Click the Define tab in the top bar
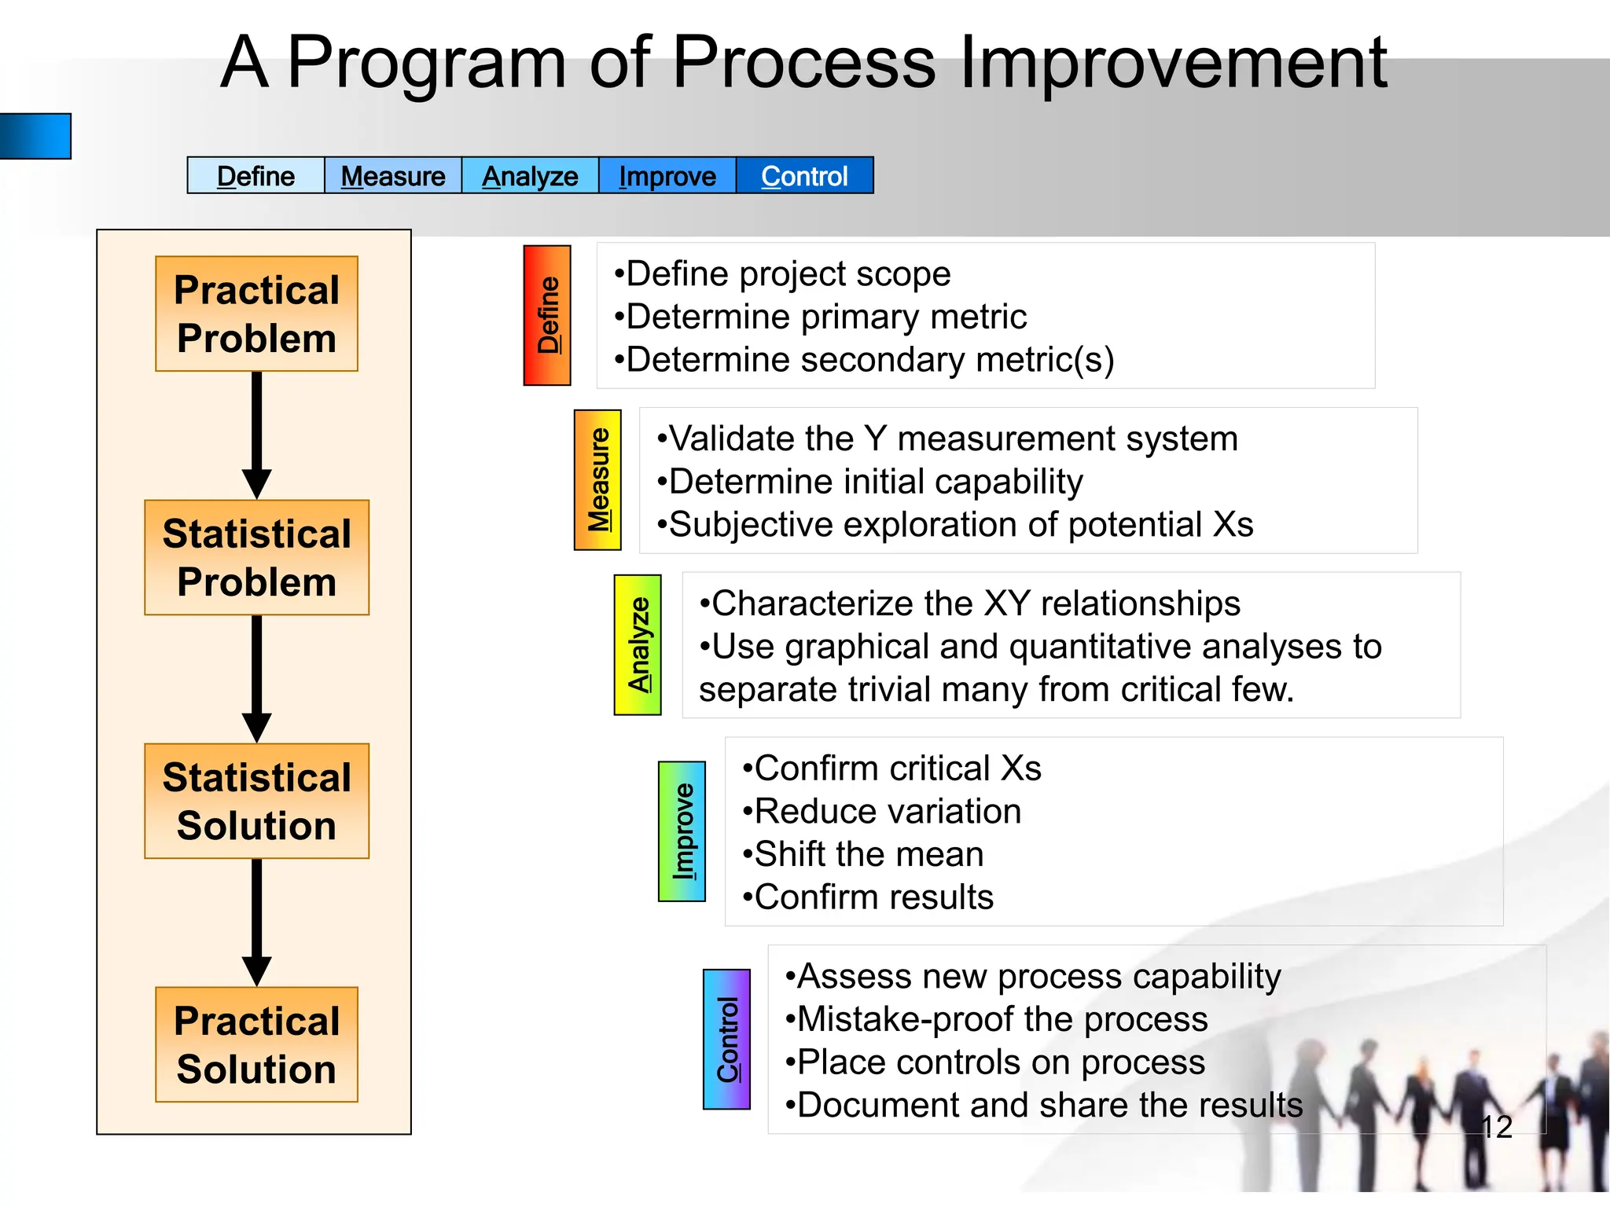[255, 176]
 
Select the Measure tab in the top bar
[393, 176]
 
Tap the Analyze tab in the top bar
[530, 176]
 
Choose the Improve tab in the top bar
[667, 176]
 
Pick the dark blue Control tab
[804, 176]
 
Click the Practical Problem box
[256, 314]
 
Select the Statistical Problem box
[256, 557]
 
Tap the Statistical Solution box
[256, 801]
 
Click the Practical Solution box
[256, 1044]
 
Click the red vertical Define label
[547, 315]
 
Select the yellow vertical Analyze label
[638, 644]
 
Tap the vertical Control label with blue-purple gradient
[726, 1039]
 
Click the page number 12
[1496, 1127]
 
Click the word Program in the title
[427, 63]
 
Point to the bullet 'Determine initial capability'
[870, 482]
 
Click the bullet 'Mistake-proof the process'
[997, 1019]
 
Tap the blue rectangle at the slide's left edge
[35, 136]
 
